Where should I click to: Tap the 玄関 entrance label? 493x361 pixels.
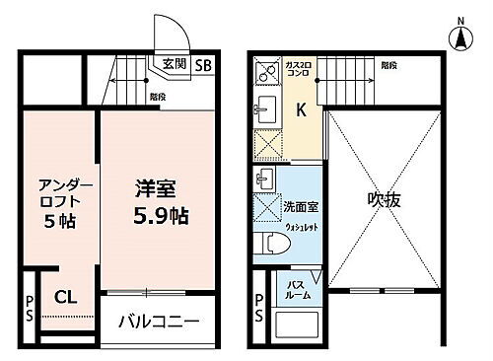(174, 65)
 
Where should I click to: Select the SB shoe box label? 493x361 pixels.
(202, 66)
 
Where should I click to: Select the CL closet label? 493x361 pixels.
(66, 295)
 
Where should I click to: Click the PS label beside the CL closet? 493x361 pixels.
(30, 307)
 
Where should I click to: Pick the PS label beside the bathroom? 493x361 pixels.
(259, 308)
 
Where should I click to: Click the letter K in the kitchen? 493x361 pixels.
(301, 110)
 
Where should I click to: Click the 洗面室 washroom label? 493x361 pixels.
(301, 208)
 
